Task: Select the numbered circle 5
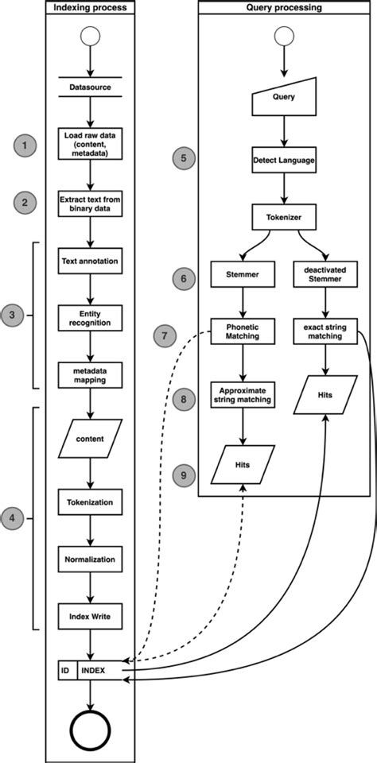coord(185,158)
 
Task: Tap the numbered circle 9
coord(185,476)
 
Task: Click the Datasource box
coord(90,88)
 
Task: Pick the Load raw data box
coord(90,145)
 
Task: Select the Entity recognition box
coord(90,318)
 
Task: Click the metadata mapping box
coord(90,374)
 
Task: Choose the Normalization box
coord(90,560)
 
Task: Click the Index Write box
coord(90,616)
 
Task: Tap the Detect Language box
coord(284,159)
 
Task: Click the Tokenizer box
coord(284,215)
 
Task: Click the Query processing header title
coord(285,8)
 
